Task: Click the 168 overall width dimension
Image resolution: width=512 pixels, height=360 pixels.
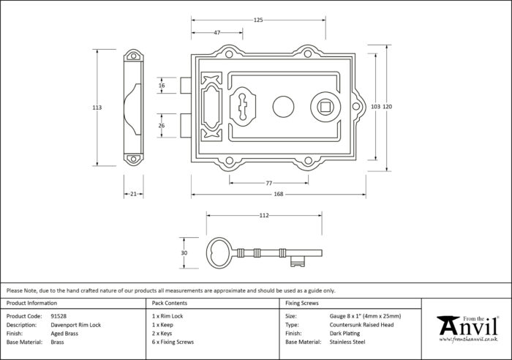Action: (x=278, y=194)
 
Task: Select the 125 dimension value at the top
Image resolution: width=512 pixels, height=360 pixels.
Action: (x=258, y=20)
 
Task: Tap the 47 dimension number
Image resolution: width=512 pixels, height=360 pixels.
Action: (x=217, y=33)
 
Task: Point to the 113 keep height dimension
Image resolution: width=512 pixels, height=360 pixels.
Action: (x=97, y=108)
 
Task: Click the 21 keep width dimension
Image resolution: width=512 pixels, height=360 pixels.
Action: (x=133, y=194)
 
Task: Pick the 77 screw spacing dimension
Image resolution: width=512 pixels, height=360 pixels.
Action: (x=268, y=183)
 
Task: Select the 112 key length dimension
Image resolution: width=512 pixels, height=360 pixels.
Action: (x=264, y=215)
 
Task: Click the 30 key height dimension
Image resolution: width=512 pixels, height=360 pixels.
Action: (x=184, y=253)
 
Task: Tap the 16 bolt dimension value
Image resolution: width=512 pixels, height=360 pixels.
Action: (x=162, y=86)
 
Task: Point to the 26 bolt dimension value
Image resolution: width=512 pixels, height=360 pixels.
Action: (x=162, y=125)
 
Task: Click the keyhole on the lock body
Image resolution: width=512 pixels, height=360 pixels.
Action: (x=242, y=107)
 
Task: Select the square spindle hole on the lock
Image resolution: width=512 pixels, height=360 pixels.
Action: (x=325, y=107)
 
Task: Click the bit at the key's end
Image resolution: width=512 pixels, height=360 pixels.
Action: (x=298, y=261)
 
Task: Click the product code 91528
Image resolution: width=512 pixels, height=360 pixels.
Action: (x=59, y=316)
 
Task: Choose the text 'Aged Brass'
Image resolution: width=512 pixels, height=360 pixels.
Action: (x=64, y=334)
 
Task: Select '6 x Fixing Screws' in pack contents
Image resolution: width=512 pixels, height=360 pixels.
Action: (x=173, y=342)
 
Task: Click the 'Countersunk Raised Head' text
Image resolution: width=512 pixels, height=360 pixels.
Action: (x=361, y=325)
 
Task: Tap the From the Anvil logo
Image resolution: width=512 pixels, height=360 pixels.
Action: (x=467, y=329)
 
